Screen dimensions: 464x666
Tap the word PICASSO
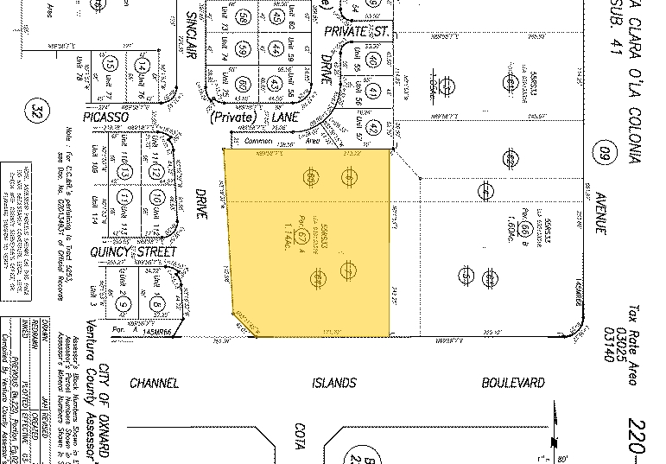[105, 116]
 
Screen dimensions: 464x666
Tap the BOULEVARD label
[513, 383]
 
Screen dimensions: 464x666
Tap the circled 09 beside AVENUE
[603, 156]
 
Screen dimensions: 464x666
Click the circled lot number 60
[244, 84]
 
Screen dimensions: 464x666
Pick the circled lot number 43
[276, 84]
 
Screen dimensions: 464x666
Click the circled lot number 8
[157, 304]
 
